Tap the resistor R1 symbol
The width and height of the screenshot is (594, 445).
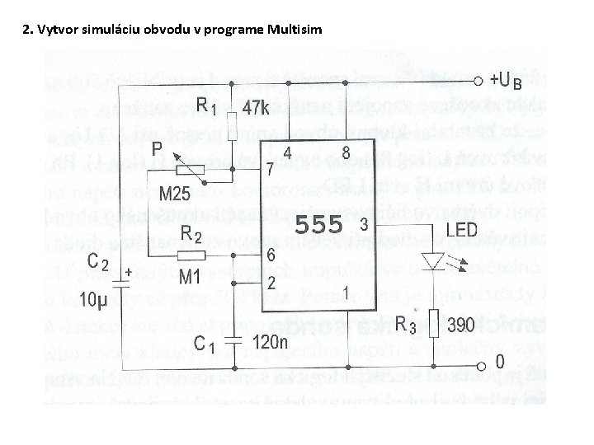tap(232, 124)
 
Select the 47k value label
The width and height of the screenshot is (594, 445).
tap(256, 108)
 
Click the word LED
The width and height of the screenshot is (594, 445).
tap(462, 228)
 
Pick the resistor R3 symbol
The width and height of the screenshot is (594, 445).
tap(435, 323)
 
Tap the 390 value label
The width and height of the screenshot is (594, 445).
tap(461, 324)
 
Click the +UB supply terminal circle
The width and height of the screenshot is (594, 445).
tap(479, 81)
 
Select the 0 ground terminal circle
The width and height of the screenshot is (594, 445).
tap(479, 366)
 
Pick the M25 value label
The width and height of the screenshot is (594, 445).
tap(174, 195)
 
